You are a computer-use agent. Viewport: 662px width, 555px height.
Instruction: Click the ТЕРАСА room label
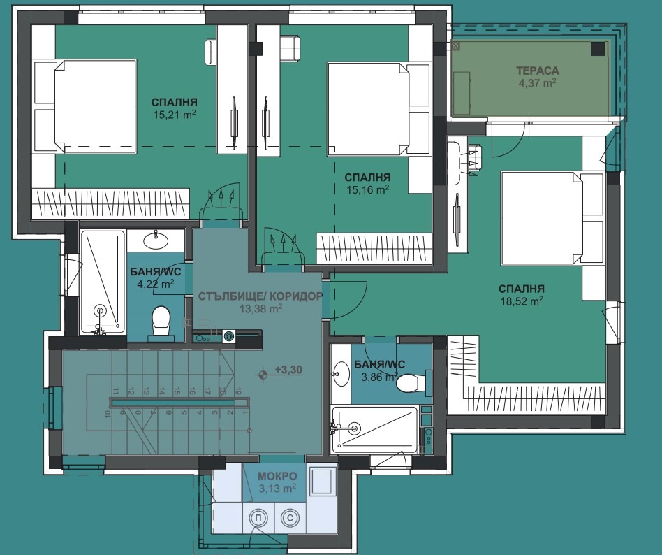click(538, 71)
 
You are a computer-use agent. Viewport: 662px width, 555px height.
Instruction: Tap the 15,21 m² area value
click(175, 115)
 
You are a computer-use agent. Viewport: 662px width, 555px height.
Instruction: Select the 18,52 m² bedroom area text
click(522, 301)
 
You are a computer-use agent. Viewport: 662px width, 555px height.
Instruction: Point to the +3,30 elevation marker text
click(288, 370)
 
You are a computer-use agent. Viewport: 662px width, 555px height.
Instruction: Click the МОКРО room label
click(277, 477)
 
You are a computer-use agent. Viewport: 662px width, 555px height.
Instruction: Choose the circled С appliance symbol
click(290, 517)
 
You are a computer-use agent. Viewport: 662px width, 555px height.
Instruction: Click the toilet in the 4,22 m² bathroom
click(161, 322)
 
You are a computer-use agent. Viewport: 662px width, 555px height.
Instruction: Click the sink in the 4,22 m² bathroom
click(156, 240)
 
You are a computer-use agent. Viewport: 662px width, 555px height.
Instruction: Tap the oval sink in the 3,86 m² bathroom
click(340, 374)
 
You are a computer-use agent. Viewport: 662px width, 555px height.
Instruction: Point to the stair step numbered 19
click(237, 391)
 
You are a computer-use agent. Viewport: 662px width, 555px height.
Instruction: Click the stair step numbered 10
click(108, 412)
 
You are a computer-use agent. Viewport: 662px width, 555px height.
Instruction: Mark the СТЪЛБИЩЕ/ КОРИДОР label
click(260, 296)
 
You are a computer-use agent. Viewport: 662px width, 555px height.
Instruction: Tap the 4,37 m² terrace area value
click(537, 83)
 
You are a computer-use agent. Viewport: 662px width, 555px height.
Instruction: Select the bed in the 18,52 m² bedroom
click(554, 218)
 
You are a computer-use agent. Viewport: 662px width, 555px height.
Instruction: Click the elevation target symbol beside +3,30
click(263, 374)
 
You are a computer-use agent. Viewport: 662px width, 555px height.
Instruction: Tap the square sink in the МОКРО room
click(323, 481)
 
